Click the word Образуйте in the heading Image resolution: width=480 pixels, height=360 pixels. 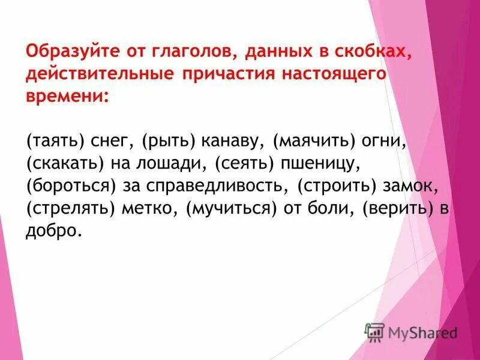point(66,52)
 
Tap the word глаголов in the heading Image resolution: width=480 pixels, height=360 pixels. point(191,52)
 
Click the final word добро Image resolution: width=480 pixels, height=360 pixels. point(53,230)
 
